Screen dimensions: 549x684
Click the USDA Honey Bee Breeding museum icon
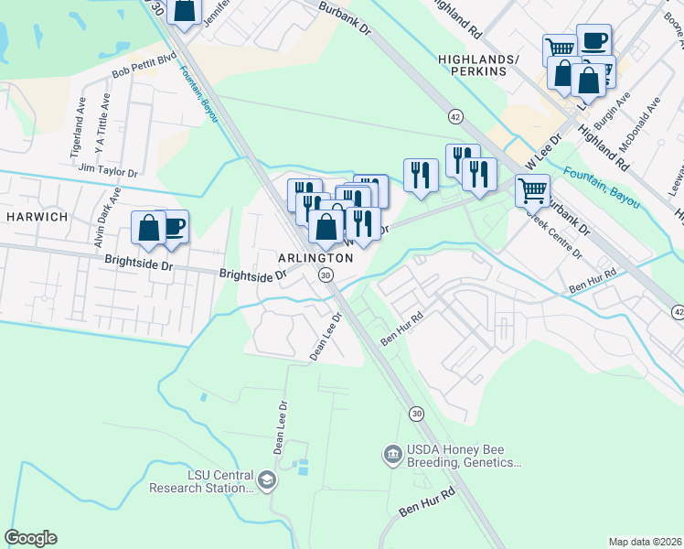point(392,453)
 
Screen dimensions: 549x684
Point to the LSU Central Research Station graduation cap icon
point(266,480)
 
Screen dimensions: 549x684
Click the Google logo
point(30,538)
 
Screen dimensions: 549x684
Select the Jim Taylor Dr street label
point(107,171)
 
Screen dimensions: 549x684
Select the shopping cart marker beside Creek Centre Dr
point(532,191)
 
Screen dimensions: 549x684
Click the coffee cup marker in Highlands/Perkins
point(593,40)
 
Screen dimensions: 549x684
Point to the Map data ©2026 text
point(645,542)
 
